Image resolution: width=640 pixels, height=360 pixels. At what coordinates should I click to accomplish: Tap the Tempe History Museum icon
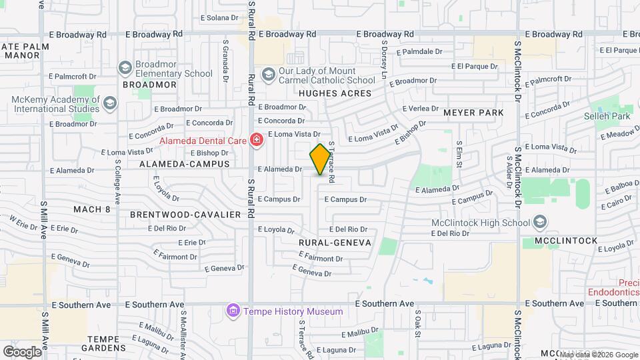tap(233, 311)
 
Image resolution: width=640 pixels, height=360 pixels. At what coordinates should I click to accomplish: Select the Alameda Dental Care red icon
tap(255, 139)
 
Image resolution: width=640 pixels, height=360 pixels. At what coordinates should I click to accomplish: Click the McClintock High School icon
tap(539, 222)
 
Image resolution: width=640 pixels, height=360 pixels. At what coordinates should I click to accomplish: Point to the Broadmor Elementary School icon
tap(125, 67)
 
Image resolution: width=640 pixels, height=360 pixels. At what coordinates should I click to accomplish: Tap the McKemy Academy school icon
tap(110, 103)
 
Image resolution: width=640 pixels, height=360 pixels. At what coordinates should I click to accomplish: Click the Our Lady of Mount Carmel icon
tap(268, 73)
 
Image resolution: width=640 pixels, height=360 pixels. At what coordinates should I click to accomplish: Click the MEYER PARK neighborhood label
tap(474, 113)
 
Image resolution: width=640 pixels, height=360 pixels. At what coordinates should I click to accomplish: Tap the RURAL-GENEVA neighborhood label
tap(335, 243)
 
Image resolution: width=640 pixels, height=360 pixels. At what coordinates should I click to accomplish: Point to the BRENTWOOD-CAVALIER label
tap(185, 215)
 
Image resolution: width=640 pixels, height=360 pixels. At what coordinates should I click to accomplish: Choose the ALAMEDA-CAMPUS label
tap(184, 163)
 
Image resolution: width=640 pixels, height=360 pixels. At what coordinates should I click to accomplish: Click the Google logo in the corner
tap(22, 351)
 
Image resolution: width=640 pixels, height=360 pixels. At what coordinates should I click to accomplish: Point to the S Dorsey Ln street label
tap(384, 61)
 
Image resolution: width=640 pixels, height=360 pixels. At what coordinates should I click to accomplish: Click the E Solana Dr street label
tap(219, 17)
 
